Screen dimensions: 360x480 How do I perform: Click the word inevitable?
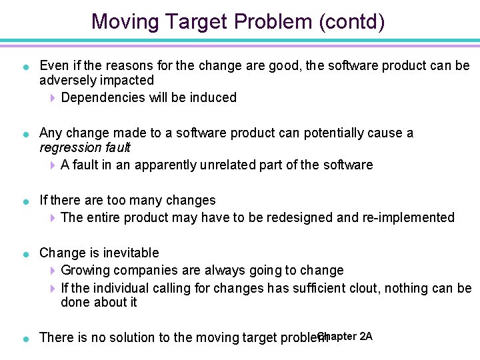pyautogui.click(x=131, y=253)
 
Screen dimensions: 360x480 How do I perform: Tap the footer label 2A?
pyautogui.click(x=365, y=336)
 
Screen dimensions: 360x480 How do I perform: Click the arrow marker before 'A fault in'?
pyautogui.click(x=53, y=165)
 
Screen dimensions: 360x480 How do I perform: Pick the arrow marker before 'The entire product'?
pyautogui.click(x=53, y=218)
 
